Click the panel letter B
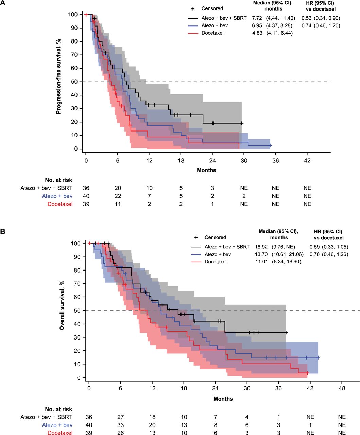(3, 231)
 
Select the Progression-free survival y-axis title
(58, 76)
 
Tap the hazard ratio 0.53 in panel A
(306, 18)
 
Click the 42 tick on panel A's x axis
(307, 160)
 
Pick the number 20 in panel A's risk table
(118, 188)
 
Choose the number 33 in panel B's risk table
(120, 425)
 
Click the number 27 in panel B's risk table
(120, 417)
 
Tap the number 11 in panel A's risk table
(118, 204)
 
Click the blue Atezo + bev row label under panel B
(57, 425)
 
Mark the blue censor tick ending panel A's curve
(270, 145)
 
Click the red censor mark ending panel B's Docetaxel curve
(307, 373)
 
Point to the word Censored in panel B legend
(215, 237)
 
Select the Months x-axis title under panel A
(206, 170)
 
